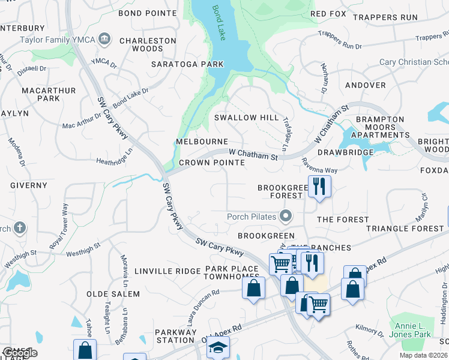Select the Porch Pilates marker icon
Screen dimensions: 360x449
click(x=286, y=215)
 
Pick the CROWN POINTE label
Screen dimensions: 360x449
click(x=211, y=163)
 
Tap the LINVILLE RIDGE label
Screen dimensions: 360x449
click(x=167, y=271)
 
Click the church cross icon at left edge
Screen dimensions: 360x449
click(x=19, y=228)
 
